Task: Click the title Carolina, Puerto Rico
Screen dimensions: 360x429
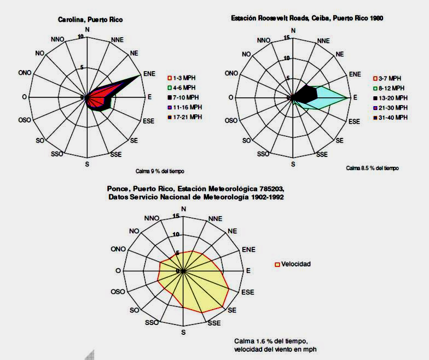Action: [90, 20]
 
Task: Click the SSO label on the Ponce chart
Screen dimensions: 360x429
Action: [152, 323]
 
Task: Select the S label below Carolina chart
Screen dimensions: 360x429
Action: [87, 164]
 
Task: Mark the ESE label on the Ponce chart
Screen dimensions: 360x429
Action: [248, 292]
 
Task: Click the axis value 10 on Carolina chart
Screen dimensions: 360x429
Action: [82, 37]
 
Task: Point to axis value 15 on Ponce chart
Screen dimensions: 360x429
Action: [176, 216]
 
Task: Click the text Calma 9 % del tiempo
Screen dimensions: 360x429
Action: [164, 171]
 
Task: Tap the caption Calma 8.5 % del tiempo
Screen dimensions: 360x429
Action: [372, 168]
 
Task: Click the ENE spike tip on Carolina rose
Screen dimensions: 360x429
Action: [141, 75]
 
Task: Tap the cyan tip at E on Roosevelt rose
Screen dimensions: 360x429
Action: [349, 98]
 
